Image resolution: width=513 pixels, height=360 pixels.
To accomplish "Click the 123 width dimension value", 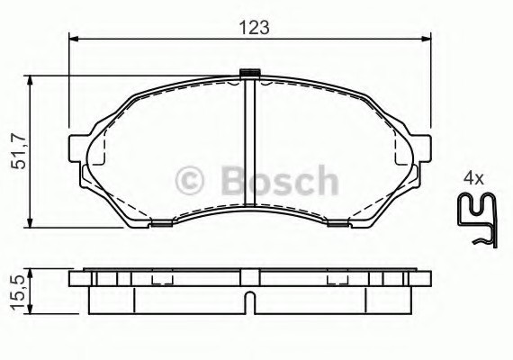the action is pos(255,28).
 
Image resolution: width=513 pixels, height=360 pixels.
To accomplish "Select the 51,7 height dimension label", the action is pos(18,151).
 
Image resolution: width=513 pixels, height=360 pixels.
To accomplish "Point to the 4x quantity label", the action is pos(473,179).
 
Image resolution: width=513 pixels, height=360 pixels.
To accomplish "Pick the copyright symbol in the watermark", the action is pos(189,180).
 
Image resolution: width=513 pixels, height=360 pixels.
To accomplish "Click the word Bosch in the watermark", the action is pos(280,180).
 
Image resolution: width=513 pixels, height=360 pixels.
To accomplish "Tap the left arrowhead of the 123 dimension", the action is pos(75,39).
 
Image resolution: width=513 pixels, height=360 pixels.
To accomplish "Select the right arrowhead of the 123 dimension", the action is pos(426,39).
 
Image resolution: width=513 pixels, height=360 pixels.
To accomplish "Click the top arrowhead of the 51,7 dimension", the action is pos(30,80).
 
